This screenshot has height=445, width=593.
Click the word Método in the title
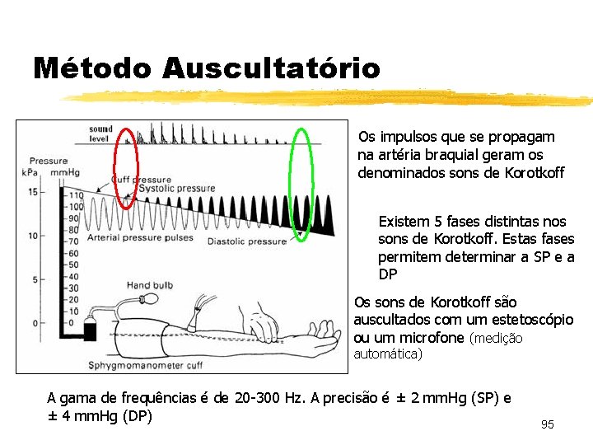click(x=92, y=68)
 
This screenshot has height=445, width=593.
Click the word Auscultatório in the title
click(x=271, y=68)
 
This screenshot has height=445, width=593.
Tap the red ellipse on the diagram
click(x=125, y=166)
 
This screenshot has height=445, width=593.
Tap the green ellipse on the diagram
click(x=302, y=183)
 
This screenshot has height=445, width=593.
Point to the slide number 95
click(x=548, y=424)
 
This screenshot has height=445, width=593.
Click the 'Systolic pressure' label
click(x=176, y=189)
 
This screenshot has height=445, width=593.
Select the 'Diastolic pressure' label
click(x=246, y=241)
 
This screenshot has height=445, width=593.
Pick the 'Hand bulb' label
click(x=149, y=286)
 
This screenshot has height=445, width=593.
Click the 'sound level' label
click(x=100, y=133)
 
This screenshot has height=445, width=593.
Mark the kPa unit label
click(x=31, y=172)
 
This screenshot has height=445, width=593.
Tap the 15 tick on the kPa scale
click(x=31, y=192)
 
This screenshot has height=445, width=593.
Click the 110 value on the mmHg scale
click(x=77, y=195)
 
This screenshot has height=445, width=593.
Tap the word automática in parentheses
click(x=387, y=354)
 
